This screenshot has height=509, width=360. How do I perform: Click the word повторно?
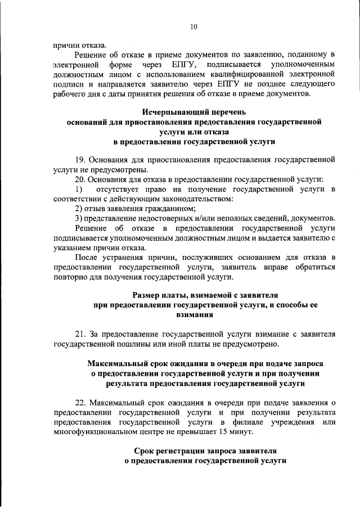(69, 277)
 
